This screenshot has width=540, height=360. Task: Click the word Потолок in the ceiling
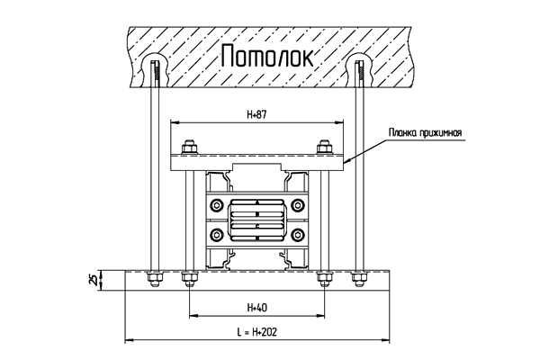[267, 56]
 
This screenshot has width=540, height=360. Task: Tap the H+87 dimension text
[256, 114]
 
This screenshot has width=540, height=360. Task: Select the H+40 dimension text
[256, 307]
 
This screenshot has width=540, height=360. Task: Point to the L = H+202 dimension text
[256, 332]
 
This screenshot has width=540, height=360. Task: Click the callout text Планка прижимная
[425, 132]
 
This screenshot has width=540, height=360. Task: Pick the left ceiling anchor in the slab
[157, 74]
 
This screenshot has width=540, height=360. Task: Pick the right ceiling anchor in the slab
[360, 74]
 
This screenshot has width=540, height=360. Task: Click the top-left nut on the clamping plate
[189, 148]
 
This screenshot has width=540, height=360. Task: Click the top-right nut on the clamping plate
[324, 148]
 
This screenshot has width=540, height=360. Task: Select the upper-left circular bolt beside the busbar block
[216, 206]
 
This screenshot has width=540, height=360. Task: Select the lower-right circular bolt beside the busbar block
[298, 235]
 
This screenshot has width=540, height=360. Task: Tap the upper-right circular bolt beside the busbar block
[298, 206]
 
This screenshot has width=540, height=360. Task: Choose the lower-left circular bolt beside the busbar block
[216, 235]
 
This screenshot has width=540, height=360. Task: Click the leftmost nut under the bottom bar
[155, 279]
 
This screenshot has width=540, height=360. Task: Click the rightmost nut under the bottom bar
[359, 279]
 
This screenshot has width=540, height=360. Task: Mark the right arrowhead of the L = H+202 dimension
[386, 340]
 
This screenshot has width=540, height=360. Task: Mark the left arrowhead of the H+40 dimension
[193, 315]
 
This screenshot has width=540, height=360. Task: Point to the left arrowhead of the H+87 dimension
[175, 122]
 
